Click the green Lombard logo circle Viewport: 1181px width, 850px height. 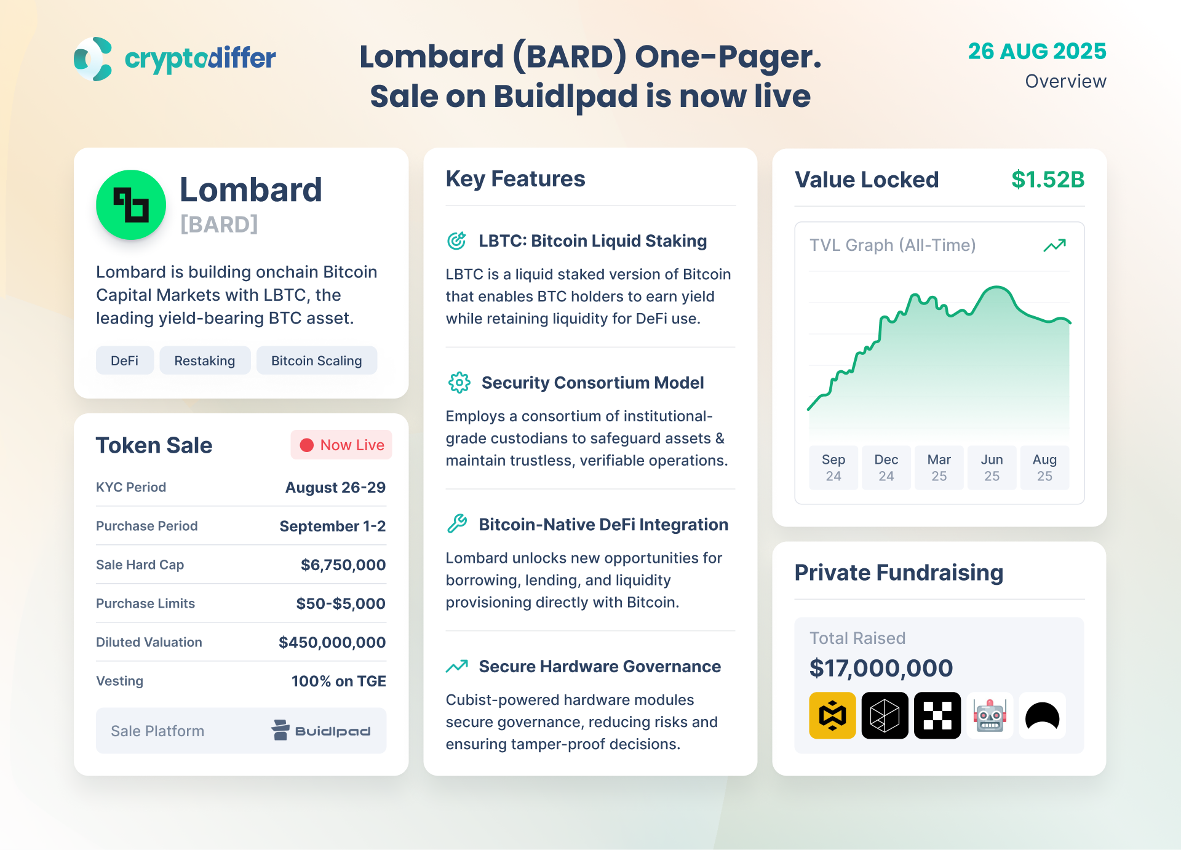pyautogui.click(x=131, y=205)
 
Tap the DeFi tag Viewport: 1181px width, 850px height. pyautogui.click(x=125, y=360)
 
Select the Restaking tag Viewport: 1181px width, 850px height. pyautogui.click(x=205, y=360)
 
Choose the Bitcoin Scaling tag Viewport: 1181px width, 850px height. pyautogui.click(x=317, y=360)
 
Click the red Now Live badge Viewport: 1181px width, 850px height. pyautogui.click(x=341, y=445)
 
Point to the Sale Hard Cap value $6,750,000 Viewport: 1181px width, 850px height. pyautogui.click(x=343, y=565)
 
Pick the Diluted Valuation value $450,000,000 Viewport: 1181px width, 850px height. pyautogui.click(x=332, y=642)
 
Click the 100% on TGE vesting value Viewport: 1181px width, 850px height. pyautogui.click(x=339, y=681)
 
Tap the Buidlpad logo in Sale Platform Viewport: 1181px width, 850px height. pyautogui.click(x=321, y=730)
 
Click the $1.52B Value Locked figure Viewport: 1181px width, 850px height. pyautogui.click(x=1048, y=180)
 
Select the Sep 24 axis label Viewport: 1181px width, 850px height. pyautogui.click(x=833, y=467)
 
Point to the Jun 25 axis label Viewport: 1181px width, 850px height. pyautogui.click(x=992, y=467)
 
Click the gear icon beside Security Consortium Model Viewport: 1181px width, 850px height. pyautogui.click(x=459, y=383)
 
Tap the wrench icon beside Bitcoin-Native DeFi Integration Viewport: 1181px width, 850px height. pyautogui.click(x=457, y=524)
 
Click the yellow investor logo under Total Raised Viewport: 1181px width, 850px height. pyautogui.click(x=833, y=715)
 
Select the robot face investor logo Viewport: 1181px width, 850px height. pyautogui.click(x=990, y=715)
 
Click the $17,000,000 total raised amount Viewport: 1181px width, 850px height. pyautogui.click(x=881, y=668)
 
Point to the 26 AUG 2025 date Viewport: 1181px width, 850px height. pyautogui.click(x=1037, y=51)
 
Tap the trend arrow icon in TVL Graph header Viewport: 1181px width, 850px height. pyautogui.click(x=1055, y=245)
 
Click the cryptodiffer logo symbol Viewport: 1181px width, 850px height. pyautogui.click(x=93, y=59)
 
